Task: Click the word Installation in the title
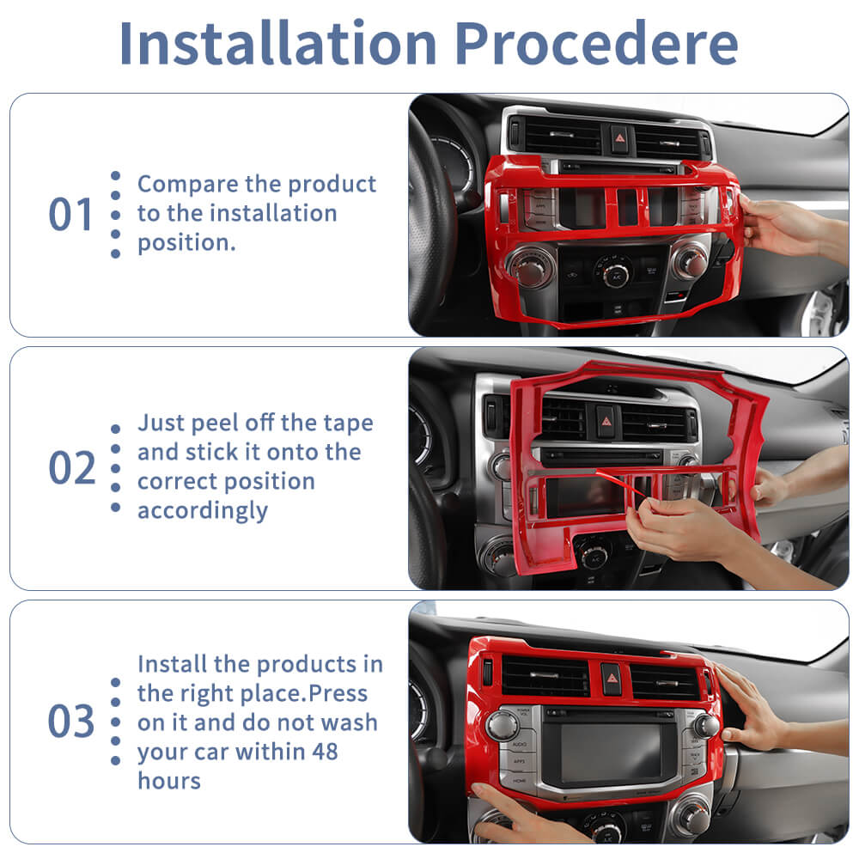point(277,43)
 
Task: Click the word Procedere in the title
point(596,43)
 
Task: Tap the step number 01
point(70,214)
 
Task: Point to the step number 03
point(71,721)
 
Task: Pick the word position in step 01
point(186,243)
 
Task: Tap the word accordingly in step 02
point(203,511)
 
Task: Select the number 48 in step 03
point(325,752)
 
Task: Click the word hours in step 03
point(169,781)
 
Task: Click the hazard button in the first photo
point(619,138)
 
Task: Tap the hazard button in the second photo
point(606,421)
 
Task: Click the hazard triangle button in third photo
point(612,679)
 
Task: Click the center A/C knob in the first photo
point(615,271)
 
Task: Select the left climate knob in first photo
point(530,266)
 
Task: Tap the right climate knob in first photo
point(691,261)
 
